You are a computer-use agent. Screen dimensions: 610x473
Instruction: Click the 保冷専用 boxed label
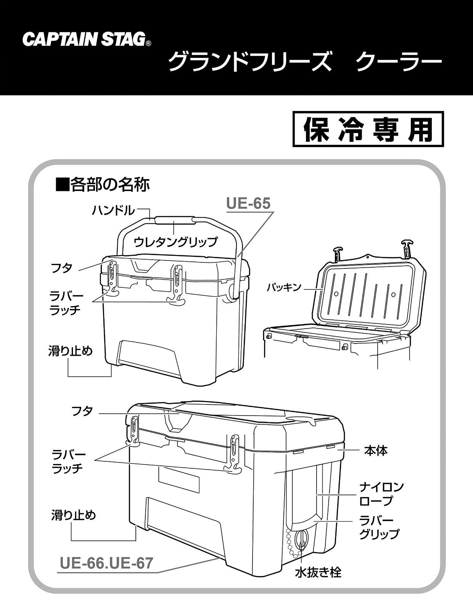368,129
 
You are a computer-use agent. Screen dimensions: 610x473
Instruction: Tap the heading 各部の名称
103,185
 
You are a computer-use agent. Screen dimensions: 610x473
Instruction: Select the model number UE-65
248,203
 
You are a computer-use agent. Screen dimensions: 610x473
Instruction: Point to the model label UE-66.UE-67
106,563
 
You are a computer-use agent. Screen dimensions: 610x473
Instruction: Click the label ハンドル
113,210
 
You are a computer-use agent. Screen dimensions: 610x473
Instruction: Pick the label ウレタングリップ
175,241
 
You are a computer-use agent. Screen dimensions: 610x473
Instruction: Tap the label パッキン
284,287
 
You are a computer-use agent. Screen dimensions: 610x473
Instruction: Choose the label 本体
376,451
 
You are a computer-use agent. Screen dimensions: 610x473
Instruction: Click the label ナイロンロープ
381,494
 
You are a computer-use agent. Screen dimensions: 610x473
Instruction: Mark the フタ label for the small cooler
62,268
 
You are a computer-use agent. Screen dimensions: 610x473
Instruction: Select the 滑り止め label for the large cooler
74,515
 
